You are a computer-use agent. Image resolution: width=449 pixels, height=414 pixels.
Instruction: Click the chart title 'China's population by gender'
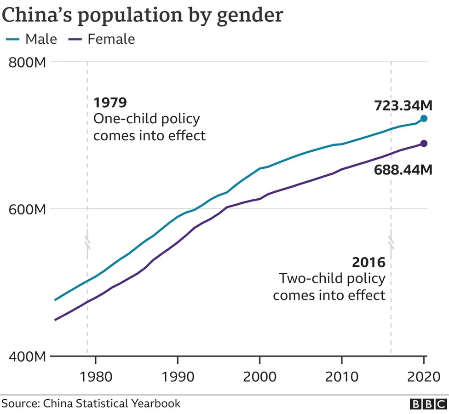point(142,15)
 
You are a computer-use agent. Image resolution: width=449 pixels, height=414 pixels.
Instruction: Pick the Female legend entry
point(102,39)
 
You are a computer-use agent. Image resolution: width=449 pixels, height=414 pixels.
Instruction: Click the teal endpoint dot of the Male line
point(424,119)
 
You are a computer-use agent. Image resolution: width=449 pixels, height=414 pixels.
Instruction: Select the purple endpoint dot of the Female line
point(424,144)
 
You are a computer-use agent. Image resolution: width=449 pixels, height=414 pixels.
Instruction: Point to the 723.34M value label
point(403,105)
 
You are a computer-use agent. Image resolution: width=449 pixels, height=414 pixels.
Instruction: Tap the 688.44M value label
point(403,170)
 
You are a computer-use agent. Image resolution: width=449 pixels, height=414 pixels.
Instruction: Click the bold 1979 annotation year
point(110,102)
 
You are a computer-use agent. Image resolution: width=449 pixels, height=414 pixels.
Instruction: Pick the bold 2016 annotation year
point(368,263)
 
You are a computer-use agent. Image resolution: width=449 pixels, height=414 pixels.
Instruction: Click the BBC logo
point(427,404)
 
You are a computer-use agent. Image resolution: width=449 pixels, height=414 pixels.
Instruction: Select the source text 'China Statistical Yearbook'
point(112,404)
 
